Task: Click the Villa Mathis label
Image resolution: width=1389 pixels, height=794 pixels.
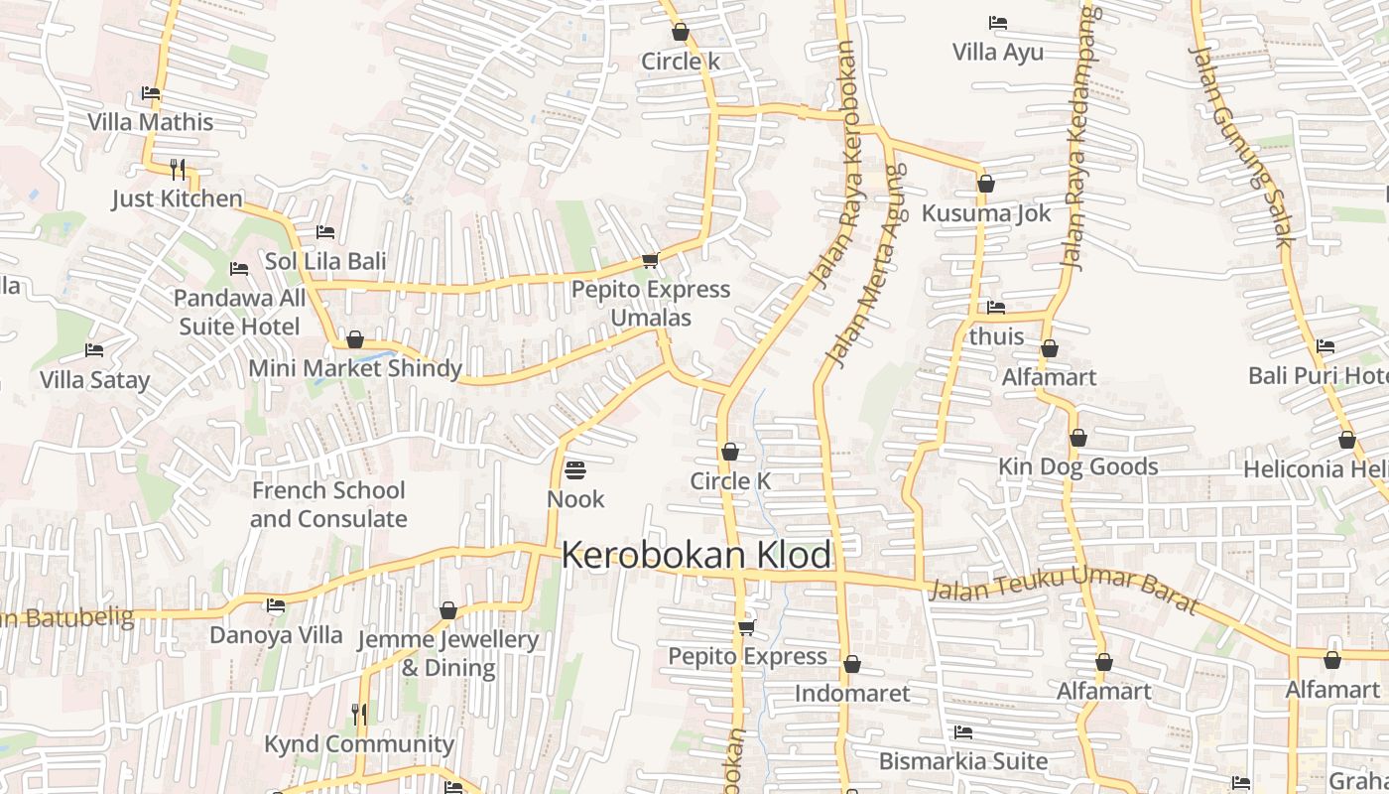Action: [x=151, y=122]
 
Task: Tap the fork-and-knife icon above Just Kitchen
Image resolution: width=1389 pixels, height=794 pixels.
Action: [x=178, y=170]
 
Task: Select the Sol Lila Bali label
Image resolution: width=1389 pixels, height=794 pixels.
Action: [x=325, y=262]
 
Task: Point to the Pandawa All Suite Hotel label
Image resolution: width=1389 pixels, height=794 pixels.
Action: [x=239, y=312]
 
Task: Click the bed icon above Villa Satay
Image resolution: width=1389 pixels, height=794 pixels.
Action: [x=94, y=350]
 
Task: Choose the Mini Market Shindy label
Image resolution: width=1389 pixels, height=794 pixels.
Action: [x=355, y=368]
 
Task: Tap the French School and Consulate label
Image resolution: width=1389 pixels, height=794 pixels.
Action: [x=328, y=504]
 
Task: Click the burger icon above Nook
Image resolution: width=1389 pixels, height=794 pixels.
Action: [x=575, y=469]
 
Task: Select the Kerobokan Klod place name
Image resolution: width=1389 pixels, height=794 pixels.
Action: [x=696, y=556]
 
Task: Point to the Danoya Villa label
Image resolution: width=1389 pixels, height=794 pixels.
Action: [x=276, y=635]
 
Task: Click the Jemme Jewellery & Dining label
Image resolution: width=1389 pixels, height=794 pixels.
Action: [x=447, y=653]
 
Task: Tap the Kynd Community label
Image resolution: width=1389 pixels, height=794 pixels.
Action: [x=359, y=744]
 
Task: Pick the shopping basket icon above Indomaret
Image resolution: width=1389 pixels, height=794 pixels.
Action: [x=851, y=665]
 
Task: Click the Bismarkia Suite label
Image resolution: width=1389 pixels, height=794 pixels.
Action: [x=963, y=761]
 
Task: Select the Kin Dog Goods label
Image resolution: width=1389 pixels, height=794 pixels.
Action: [x=1078, y=466]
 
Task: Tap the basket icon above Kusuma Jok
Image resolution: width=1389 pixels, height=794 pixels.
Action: [x=985, y=185]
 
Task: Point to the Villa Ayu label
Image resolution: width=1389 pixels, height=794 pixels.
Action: [x=998, y=52]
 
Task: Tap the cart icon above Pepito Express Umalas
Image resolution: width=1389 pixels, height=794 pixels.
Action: [x=650, y=261]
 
